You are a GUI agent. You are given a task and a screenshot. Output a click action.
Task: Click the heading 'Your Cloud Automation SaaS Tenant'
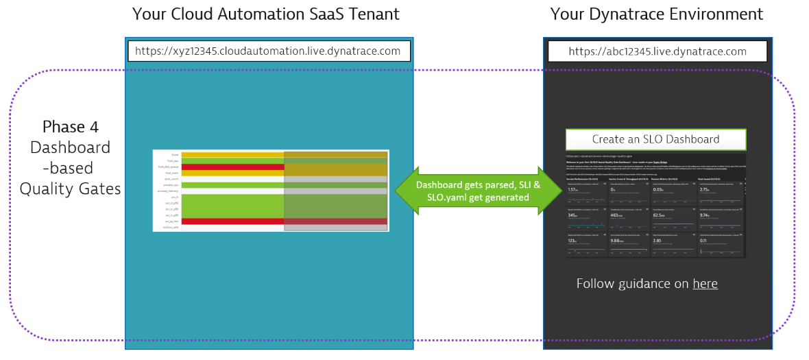[x=265, y=14]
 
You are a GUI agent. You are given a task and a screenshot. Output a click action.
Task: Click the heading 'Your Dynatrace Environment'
[x=656, y=14]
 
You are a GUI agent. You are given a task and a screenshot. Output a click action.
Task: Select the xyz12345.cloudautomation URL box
[x=268, y=51]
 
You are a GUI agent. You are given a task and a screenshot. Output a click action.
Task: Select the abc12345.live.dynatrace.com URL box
[x=657, y=51]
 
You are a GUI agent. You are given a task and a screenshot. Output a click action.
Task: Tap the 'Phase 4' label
[x=70, y=127]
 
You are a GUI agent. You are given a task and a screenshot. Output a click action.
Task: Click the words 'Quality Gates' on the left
[x=70, y=189]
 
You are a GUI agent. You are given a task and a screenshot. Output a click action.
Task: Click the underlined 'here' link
[x=705, y=284]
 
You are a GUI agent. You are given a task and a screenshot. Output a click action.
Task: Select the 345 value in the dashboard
[x=573, y=215]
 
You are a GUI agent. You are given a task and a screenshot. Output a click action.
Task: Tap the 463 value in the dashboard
[x=616, y=215]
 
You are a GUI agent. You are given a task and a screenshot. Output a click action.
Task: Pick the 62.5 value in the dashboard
[x=660, y=215]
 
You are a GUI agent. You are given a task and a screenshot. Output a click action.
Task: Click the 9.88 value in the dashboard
[x=616, y=241]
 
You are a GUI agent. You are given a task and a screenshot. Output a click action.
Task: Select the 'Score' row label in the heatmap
[x=176, y=155]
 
